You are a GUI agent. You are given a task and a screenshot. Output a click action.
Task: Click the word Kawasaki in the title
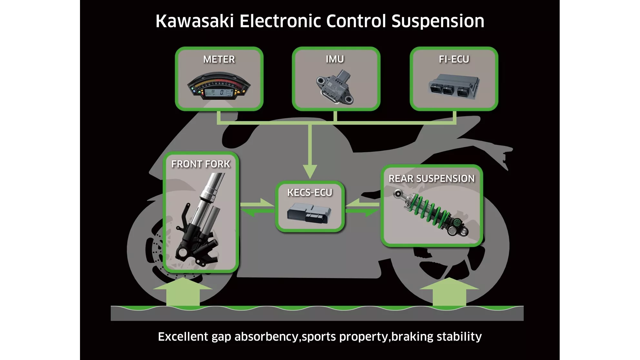click(x=194, y=21)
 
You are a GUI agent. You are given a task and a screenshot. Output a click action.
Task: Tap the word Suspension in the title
click(x=438, y=21)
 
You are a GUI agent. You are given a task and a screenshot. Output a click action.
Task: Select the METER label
click(x=219, y=59)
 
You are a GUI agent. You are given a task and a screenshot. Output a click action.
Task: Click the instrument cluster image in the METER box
click(x=219, y=86)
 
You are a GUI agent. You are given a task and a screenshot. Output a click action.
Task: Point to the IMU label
click(x=335, y=59)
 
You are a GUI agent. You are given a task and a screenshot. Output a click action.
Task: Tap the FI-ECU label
click(x=454, y=59)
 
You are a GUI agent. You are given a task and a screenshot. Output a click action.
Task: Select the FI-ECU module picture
click(x=454, y=86)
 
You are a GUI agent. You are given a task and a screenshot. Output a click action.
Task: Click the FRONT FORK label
click(x=201, y=164)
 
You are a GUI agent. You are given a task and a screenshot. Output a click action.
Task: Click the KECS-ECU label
click(x=310, y=193)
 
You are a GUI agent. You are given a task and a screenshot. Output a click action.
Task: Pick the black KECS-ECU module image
click(x=309, y=213)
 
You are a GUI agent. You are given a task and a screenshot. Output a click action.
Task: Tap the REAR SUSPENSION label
click(x=432, y=179)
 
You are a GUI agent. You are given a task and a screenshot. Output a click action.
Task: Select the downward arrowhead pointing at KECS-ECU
click(x=310, y=171)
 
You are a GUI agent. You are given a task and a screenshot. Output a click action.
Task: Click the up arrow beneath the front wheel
click(x=183, y=292)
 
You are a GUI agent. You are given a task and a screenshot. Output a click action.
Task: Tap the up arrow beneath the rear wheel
click(x=449, y=292)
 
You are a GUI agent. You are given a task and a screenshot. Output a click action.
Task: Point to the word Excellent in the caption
click(x=183, y=337)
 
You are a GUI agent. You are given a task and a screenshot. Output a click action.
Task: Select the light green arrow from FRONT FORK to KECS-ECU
click(x=258, y=204)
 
